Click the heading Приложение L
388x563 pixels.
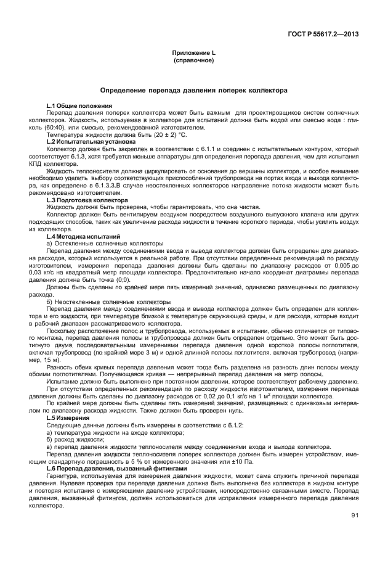193,54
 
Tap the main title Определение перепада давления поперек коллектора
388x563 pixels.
193,90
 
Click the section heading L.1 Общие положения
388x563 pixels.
79,107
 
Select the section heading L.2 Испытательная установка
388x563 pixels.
91,141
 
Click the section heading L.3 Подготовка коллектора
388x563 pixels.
87,200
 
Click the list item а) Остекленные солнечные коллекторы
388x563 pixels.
97,244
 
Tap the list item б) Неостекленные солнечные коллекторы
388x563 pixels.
100,302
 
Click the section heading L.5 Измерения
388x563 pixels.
71,417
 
